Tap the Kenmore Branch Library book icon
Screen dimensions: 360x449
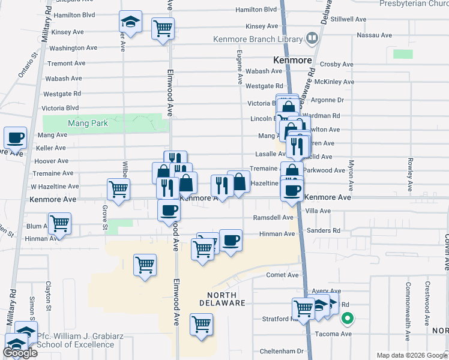click(312, 40)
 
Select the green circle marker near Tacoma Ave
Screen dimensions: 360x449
click(346, 319)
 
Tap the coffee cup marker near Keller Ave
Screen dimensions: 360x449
click(16, 138)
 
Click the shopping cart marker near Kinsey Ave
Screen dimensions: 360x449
click(163, 28)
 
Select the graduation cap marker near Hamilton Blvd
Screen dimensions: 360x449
click(130, 22)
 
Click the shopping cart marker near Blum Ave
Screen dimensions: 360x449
click(59, 223)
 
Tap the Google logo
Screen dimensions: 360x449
click(20, 352)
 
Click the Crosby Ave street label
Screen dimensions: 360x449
click(336, 64)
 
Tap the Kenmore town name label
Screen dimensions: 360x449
click(292, 61)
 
